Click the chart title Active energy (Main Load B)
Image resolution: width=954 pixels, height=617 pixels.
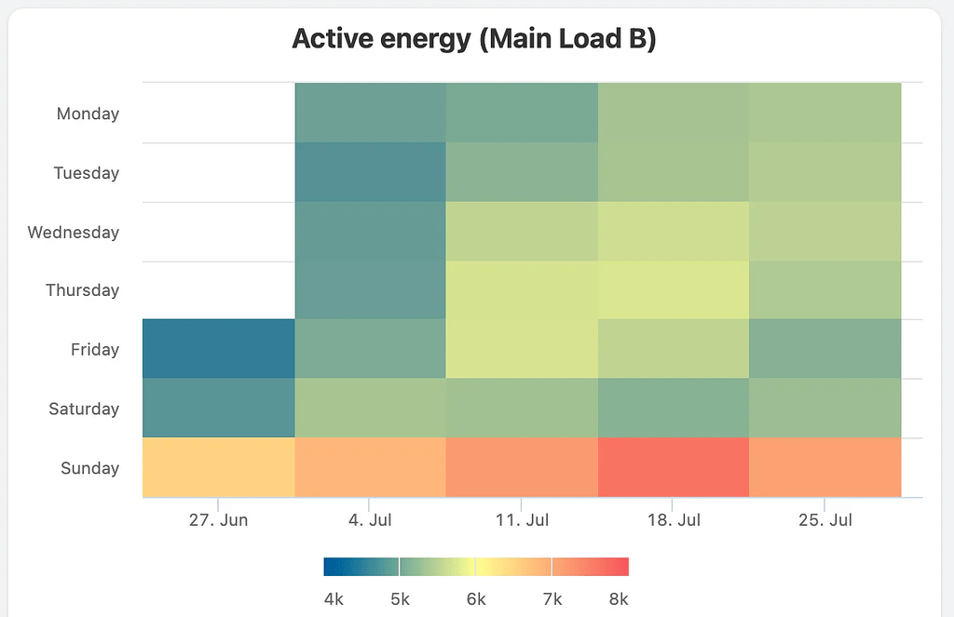click(x=474, y=39)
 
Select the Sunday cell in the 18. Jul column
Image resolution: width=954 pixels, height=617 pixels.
click(x=674, y=467)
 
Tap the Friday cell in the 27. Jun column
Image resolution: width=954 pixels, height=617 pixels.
click(x=218, y=348)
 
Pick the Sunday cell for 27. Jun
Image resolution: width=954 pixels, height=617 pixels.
click(x=218, y=467)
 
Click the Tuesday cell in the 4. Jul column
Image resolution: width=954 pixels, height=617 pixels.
click(x=370, y=171)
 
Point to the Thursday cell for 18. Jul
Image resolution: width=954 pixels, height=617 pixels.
click(x=674, y=289)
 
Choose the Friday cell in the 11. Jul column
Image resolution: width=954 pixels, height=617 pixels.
click(x=522, y=348)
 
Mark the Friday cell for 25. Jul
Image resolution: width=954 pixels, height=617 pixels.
click(x=825, y=348)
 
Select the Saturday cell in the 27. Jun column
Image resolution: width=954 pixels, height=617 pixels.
click(x=218, y=408)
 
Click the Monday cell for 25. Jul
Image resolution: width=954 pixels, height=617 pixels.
click(x=825, y=113)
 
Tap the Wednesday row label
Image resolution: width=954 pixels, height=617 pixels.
click(x=74, y=232)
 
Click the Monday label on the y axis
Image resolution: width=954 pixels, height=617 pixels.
click(x=88, y=114)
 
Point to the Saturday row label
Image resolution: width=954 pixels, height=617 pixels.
click(x=84, y=409)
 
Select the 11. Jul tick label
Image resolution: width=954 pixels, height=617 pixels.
click(x=522, y=519)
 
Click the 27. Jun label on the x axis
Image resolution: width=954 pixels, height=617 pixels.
click(x=218, y=519)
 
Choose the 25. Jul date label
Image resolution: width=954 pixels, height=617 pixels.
click(x=825, y=519)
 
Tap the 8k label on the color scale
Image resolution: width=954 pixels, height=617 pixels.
click(x=619, y=598)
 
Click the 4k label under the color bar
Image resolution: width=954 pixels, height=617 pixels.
click(x=334, y=598)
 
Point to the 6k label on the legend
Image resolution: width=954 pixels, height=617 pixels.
click(x=476, y=598)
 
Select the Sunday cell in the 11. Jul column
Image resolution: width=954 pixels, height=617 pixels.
click(x=522, y=467)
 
